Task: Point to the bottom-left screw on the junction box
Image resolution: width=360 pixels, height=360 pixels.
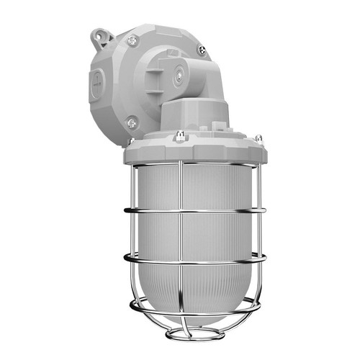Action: click(x=131, y=124)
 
